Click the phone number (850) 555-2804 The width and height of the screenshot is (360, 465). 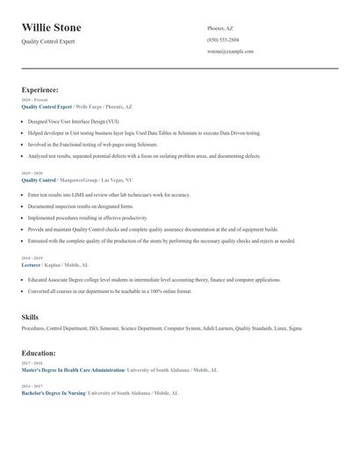point(222,40)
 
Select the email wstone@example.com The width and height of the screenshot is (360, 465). point(230,52)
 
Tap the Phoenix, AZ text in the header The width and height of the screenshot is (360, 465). point(221,29)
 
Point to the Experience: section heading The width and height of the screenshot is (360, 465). point(40,89)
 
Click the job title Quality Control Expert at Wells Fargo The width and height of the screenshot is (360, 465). point(47,105)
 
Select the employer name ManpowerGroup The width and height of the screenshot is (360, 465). point(78,179)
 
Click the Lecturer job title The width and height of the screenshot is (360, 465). point(31,264)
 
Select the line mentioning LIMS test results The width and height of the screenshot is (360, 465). point(108,194)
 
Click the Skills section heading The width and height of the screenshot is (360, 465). point(30,317)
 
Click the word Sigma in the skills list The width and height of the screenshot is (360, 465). point(295,328)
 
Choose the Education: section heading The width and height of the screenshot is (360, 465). point(40,354)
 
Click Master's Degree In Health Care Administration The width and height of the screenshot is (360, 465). point(73,370)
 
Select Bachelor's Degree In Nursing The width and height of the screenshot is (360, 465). point(54,393)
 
